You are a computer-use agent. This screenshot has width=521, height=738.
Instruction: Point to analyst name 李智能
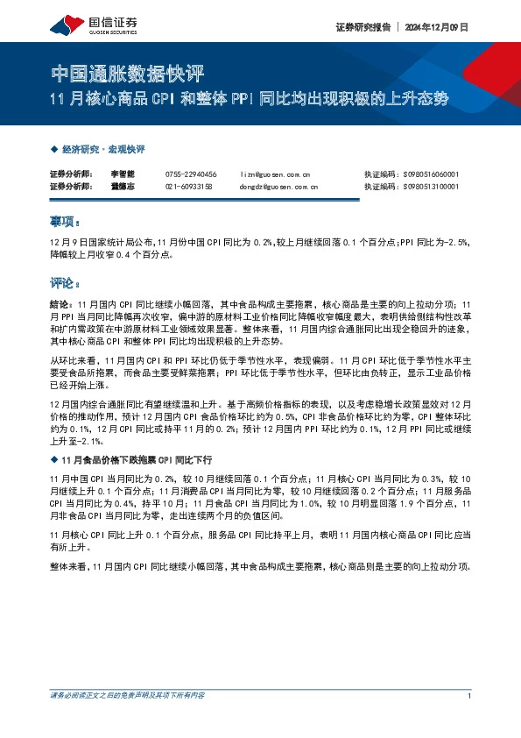pyautogui.click(x=121, y=174)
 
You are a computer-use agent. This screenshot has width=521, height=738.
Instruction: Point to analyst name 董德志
pyautogui.click(x=121, y=187)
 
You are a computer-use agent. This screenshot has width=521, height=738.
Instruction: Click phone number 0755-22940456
pyautogui.click(x=191, y=174)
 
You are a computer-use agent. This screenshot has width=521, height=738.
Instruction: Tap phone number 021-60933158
pyautogui.click(x=189, y=187)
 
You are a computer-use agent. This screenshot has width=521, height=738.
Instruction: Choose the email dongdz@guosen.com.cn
pyautogui.click(x=278, y=187)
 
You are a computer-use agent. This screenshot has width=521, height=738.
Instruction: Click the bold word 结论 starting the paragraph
pyautogui.click(x=60, y=301)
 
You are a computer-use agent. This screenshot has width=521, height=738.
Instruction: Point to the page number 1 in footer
pyautogui.click(x=470, y=696)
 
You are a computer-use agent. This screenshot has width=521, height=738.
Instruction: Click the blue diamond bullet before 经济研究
pyautogui.click(x=54, y=150)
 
